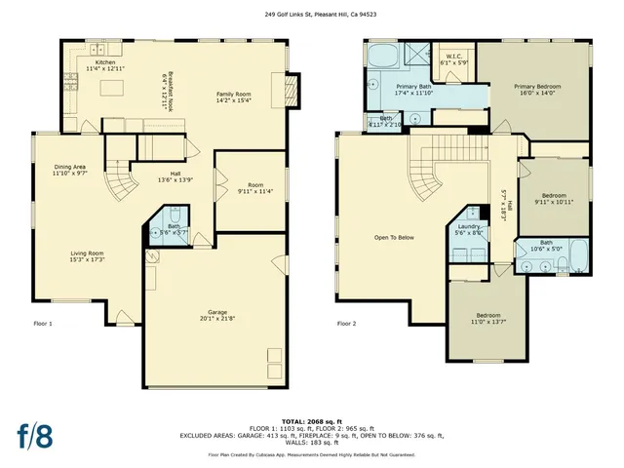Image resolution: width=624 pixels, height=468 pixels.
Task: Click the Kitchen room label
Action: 104,63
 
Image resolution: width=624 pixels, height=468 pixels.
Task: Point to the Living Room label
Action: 86,255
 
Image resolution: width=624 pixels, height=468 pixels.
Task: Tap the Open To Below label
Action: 394,237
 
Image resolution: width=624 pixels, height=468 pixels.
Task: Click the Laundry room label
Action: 469,228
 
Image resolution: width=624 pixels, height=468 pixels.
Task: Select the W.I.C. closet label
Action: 453,58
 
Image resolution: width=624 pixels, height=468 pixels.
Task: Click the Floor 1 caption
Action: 43,323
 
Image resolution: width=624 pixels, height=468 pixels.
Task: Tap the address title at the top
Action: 311,15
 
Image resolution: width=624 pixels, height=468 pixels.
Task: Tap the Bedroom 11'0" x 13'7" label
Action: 488,318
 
